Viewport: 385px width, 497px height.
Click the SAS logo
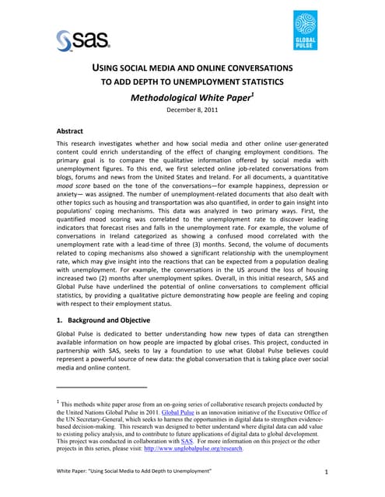point(82,39)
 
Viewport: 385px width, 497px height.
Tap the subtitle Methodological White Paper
point(188,97)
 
